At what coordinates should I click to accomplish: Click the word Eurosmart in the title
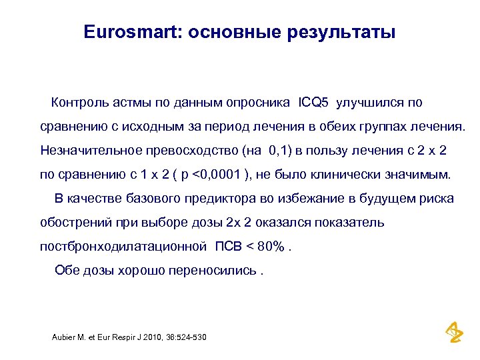point(133,32)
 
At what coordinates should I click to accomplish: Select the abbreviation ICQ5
point(314,103)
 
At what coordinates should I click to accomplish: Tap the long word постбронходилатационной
point(123,247)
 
